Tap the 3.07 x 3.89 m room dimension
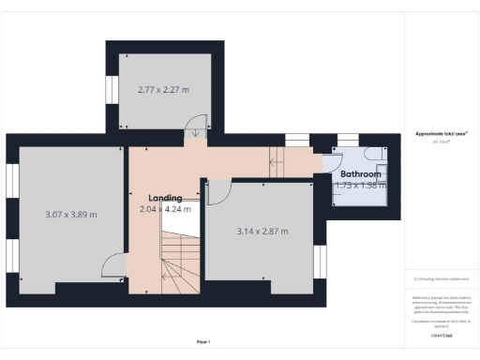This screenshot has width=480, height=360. tap(71, 215)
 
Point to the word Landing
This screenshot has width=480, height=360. tap(164, 198)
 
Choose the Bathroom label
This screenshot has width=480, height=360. tap(360, 174)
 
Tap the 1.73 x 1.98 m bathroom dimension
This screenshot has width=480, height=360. tap(360, 185)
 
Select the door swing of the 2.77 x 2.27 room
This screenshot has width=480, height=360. tap(198, 127)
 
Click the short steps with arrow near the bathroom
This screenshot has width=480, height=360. tap(278, 159)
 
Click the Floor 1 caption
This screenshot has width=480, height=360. tap(203, 341)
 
